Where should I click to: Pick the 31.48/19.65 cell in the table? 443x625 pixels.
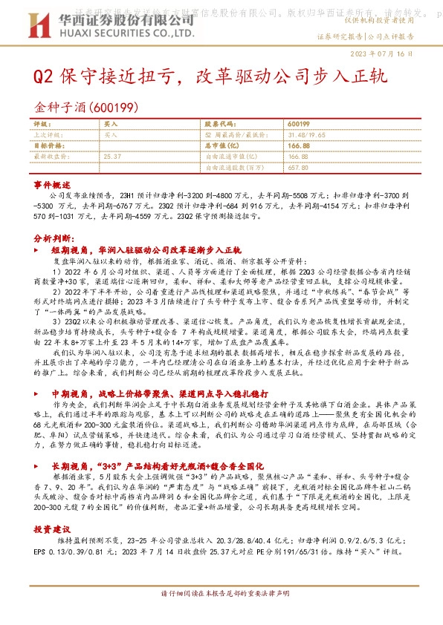[x=305, y=135]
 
